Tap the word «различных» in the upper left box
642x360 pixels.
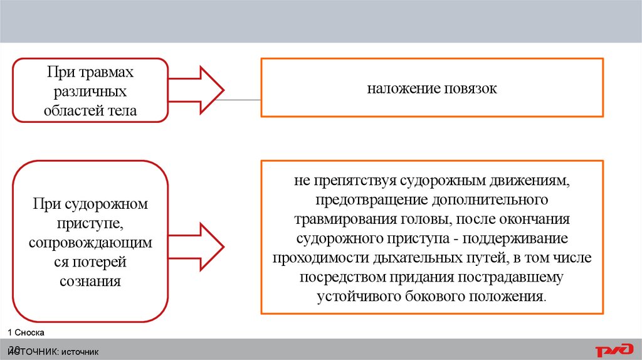(90, 92)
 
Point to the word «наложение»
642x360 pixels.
(397, 89)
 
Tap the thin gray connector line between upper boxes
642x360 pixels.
(242, 100)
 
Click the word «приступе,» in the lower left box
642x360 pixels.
(90, 223)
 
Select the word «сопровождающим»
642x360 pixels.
(90, 242)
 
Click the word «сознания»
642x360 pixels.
(90, 280)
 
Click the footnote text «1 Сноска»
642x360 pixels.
(26, 331)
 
